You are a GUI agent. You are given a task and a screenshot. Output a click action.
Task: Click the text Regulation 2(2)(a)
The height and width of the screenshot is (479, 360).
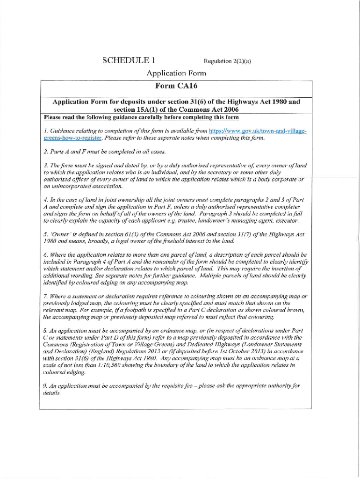point(227,61)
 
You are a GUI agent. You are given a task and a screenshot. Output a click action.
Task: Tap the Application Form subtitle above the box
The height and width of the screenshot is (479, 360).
point(176,73)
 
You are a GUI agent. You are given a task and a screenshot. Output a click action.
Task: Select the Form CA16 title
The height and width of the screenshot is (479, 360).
point(176,86)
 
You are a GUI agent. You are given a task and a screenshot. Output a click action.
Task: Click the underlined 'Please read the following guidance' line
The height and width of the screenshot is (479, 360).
point(141,117)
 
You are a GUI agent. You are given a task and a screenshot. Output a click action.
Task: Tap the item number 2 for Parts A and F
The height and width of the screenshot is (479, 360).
point(45,152)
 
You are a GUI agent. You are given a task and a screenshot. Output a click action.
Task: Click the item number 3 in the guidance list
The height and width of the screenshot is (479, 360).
point(45,166)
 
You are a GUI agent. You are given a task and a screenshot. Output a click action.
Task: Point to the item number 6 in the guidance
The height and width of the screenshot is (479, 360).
point(45,255)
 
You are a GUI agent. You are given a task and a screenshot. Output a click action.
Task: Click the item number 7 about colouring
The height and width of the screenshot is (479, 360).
point(45,297)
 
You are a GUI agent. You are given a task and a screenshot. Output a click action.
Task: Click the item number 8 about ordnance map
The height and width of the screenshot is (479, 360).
point(45,331)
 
